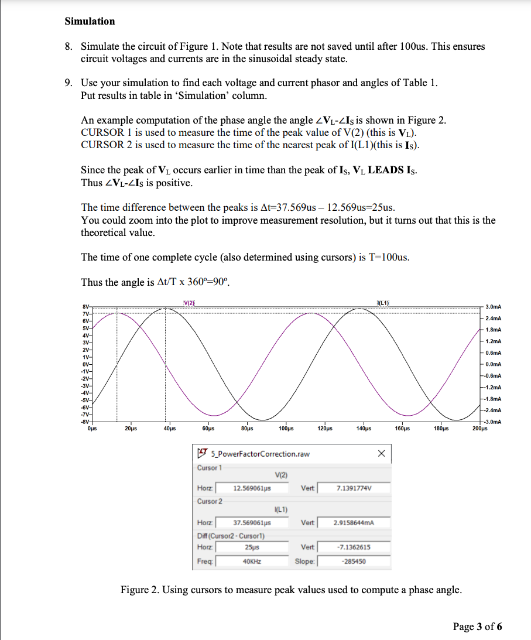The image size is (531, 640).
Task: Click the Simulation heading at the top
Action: point(90,21)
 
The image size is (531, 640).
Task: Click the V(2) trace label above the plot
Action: point(189,302)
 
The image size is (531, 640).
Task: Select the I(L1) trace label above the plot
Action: point(383,302)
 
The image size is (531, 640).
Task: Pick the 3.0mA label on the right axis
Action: point(494,307)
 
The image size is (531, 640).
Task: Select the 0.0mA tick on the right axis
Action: point(494,364)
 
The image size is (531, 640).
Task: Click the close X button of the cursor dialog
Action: point(382,453)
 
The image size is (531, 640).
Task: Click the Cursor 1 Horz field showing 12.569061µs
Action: point(252,488)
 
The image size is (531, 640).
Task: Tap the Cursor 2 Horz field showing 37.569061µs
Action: point(252,522)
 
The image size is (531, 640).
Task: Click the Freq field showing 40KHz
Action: point(252,561)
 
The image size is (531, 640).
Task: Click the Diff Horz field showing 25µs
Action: point(252,547)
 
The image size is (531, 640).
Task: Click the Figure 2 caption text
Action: point(290,590)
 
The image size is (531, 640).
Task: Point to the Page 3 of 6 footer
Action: point(477,627)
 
